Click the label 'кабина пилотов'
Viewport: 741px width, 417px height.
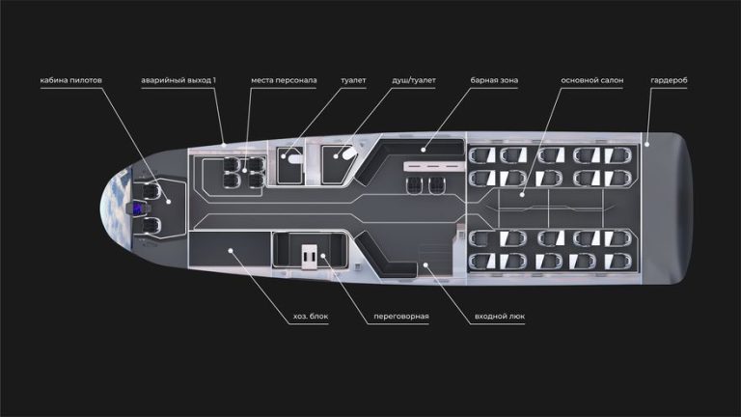(x=70, y=80)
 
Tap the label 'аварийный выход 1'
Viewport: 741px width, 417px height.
(x=178, y=80)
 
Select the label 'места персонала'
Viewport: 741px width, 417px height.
(x=284, y=80)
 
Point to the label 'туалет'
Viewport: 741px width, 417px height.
(x=353, y=80)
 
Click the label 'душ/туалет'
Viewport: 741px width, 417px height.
(x=414, y=80)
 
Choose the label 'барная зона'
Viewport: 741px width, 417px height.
(x=494, y=80)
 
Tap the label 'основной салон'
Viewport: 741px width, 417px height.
(x=591, y=80)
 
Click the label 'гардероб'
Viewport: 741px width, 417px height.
(x=669, y=80)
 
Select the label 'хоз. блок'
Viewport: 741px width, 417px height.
(x=311, y=317)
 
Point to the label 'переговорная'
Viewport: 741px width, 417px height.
(x=401, y=317)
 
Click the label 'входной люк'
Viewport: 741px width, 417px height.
(x=500, y=317)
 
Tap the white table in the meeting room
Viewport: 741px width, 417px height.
(x=309, y=257)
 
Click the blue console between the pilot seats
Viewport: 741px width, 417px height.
(x=138, y=208)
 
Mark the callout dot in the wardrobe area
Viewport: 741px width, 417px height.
(x=647, y=144)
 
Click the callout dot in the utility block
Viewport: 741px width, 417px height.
(x=231, y=251)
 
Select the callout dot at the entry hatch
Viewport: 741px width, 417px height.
(x=425, y=265)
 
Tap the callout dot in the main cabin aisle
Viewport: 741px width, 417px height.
(x=522, y=194)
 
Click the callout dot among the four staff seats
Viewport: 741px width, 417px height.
(x=244, y=170)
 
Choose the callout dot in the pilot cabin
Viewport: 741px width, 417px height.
(x=169, y=202)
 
